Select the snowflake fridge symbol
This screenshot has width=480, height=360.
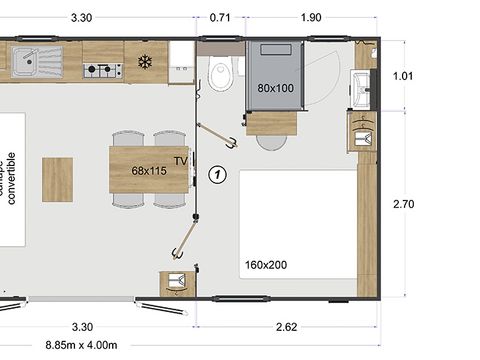[144, 61]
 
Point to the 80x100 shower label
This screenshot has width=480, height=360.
[275, 88]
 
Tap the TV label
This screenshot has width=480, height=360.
[181, 160]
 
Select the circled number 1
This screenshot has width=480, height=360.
[218, 174]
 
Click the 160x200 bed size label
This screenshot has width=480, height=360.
[264, 266]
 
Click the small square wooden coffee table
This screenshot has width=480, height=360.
[57, 178]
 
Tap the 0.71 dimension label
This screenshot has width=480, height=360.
[221, 17]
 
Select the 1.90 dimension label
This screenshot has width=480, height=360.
[310, 17]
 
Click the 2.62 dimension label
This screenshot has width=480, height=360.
[287, 326]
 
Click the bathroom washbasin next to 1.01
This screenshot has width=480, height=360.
[362, 87]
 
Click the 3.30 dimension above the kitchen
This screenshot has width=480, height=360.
[83, 17]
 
